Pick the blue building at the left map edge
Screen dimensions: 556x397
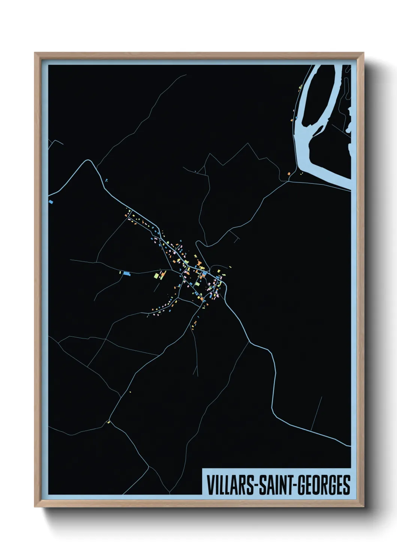(51, 202)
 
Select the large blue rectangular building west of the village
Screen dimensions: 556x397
(127, 274)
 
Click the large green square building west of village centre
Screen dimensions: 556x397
(156, 276)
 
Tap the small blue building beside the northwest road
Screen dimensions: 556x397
(107, 180)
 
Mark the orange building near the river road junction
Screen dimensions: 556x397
(289, 174)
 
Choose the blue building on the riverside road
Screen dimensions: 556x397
(296, 118)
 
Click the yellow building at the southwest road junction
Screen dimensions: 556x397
(108, 422)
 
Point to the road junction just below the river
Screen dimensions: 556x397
(288, 181)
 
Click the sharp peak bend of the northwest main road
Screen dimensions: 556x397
(89, 160)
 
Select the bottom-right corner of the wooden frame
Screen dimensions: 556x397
(363, 506)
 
